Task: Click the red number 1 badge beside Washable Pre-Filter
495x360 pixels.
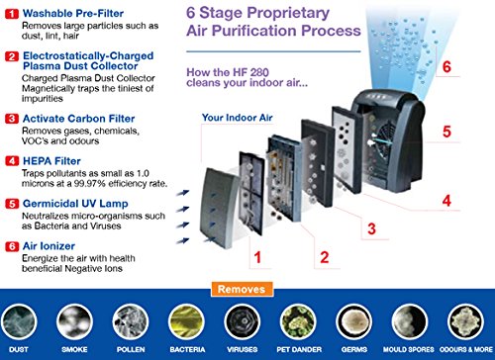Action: tap(12, 14)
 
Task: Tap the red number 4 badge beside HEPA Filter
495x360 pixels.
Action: tap(12, 161)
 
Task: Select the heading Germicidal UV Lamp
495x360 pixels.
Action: tap(75, 204)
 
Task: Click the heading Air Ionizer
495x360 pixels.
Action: tap(49, 246)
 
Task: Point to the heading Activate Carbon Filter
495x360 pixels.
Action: tap(79, 119)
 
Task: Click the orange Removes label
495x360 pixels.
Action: tap(242, 289)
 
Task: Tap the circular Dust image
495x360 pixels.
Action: tap(19, 321)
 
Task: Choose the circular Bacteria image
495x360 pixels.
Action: tap(186, 321)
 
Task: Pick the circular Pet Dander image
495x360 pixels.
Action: tap(298, 321)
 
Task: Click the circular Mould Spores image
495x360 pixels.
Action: tap(410, 321)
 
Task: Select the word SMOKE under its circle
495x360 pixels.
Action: tap(74, 349)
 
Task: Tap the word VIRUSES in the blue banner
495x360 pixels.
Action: tap(243, 349)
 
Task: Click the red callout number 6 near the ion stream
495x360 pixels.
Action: tap(446, 66)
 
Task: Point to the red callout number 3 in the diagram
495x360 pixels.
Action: tap(371, 228)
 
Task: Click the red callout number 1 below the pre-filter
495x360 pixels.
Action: tap(257, 257)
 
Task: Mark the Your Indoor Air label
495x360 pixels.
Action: tap(238, 118)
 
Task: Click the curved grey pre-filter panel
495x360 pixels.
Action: tap(219, 208)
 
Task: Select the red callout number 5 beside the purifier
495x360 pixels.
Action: tap(446, 132)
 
